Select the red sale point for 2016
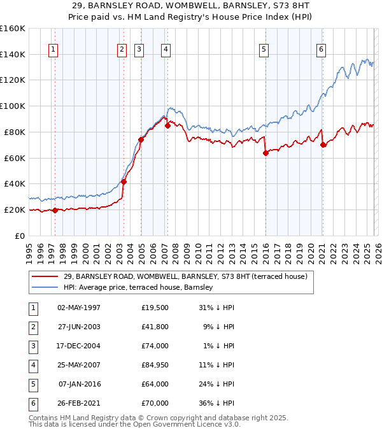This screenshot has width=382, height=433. pyautogui.click(x=265, y=153)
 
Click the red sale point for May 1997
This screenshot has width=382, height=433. pyautogui.click(x=55, y=210)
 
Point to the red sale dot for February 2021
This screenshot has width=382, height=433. pyautogui.click(x=323, y=145)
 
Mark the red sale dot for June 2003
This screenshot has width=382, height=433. pyautogui.click(x=124, y=181)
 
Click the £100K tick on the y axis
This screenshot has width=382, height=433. pyautogui.click(x=13, y=106)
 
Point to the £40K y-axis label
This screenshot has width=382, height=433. pyautogui.click(x=15, y=183)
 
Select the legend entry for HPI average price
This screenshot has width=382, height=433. pyautogui.click(x=141, y=287)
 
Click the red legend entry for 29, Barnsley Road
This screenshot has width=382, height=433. pyautogui.click(x=185, y=276)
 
